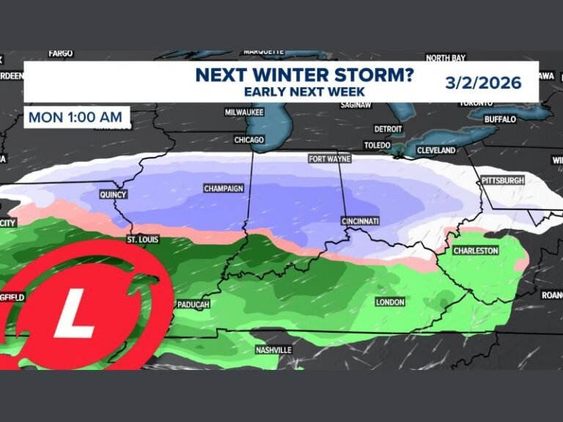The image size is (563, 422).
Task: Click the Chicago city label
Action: pos(249,139)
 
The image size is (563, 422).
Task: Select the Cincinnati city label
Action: pos(360,221)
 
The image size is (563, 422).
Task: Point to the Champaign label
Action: pos(223,188)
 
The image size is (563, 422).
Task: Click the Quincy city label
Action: pos(114,195)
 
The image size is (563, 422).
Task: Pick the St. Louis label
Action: pos(142,240)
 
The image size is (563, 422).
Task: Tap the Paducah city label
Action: pos(193,304)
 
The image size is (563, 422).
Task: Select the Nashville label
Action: pos(273,350)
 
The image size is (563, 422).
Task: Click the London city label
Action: pos(389,303)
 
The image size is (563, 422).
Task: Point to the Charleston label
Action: pos(476,251)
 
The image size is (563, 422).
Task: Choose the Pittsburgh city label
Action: pos(502,180)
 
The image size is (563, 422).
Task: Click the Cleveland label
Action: pos(435,150)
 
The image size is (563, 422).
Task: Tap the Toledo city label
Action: pos(378,145)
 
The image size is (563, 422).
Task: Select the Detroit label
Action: pos(388,129)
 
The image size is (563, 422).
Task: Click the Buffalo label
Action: pos(500,119)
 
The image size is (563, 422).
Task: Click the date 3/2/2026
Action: pos(483,82)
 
